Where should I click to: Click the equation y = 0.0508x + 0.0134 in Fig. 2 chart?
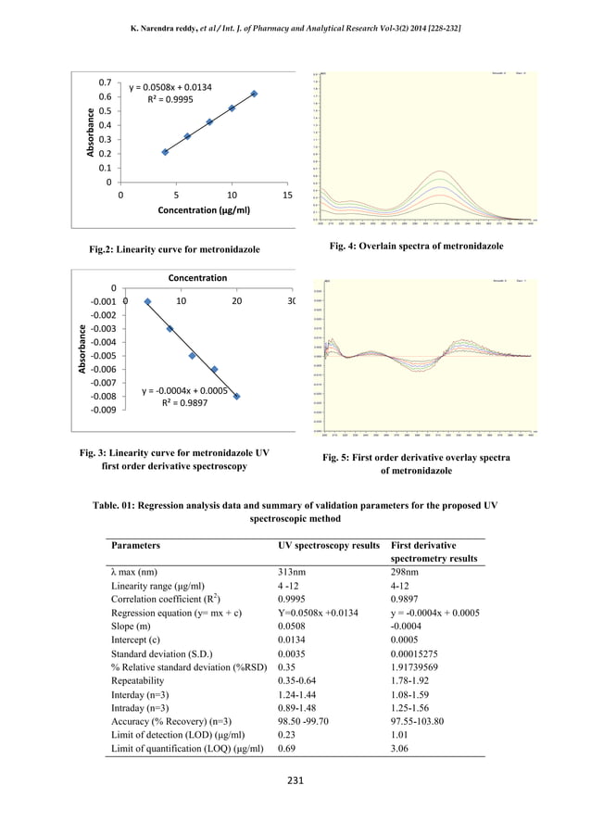[170, 87]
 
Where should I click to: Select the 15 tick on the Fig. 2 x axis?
[286, 196]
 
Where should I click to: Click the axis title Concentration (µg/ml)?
[203, 210]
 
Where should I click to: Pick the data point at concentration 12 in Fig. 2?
[254, 94]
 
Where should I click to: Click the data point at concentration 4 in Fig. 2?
[165, 152]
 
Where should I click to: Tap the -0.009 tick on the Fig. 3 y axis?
[102, 410]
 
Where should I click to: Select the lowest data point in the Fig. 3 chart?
[236, 397]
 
